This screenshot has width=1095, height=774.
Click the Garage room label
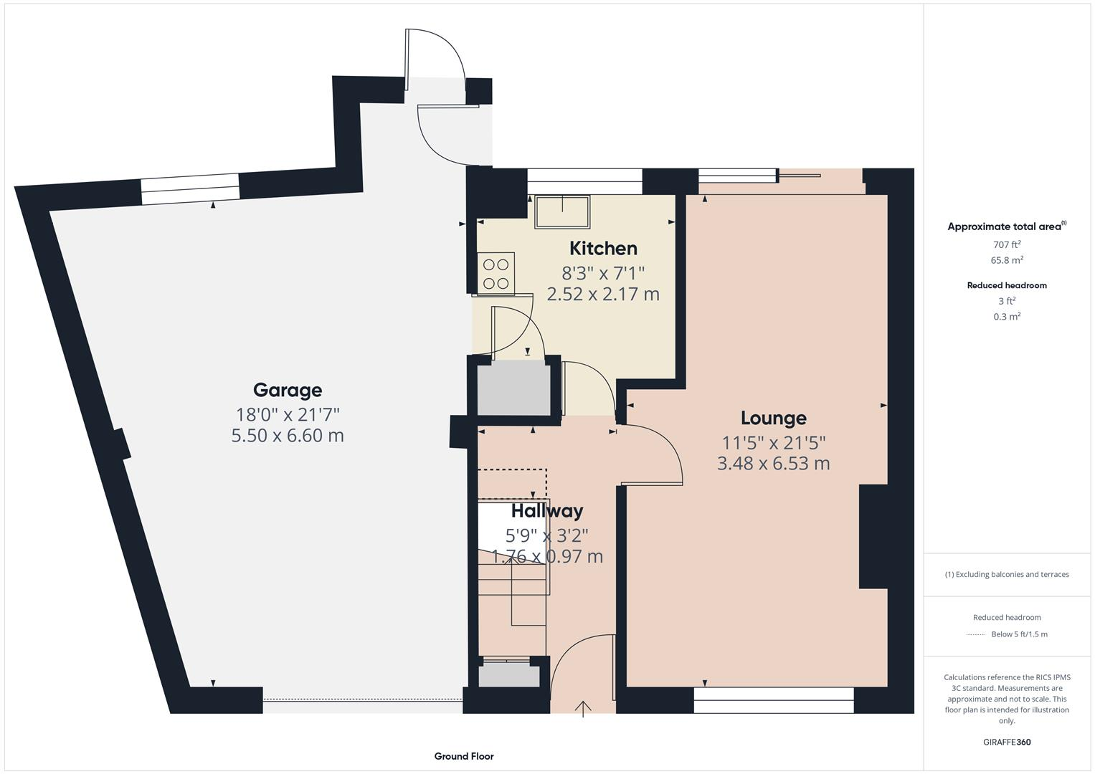pos(288,390)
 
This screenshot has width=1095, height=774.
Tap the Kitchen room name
pos(603,248)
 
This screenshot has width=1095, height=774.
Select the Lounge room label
pos(773,418)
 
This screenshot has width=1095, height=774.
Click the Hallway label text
pos(547,511)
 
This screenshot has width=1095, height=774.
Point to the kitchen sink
pos(562,211)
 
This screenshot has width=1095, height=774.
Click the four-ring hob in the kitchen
pos(495,273)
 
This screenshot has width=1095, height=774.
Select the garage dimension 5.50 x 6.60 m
pos(288,436)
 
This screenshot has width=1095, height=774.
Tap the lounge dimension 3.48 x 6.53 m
pos(773,464)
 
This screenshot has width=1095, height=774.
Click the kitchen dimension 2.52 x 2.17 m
pos(603,295)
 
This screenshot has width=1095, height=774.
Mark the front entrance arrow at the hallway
pos(584,708)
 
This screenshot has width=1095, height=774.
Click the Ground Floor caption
pos(464,756)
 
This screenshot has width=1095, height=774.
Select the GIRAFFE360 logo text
pos(1007,742)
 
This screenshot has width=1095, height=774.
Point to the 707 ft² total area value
pos(1007,244)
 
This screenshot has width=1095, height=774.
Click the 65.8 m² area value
pos(1007,260)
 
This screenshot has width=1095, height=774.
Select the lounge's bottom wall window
pos(774,700)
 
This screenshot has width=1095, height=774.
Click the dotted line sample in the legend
pos(976,634)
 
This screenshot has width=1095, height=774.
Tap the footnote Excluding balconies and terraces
pos(1007,574)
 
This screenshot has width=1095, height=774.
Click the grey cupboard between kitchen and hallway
pos(514,387)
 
